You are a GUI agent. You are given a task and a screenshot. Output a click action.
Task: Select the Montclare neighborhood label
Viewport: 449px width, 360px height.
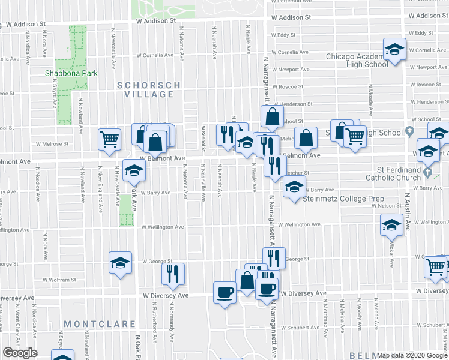click(x=100, y=324)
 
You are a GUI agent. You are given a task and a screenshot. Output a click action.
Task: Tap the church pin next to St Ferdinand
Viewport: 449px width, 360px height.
click(x=427, y=172)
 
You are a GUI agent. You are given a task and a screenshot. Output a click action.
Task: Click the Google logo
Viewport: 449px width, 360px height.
click(x=20, y=353)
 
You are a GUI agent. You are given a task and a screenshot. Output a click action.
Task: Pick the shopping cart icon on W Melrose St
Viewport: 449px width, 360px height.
click(x=110, y=140)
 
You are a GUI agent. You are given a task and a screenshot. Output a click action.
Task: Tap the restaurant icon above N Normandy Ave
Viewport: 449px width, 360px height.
click(x=173, y=274)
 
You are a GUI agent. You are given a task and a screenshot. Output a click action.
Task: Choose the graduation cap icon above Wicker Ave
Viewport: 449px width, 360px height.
click(x=391, y=226)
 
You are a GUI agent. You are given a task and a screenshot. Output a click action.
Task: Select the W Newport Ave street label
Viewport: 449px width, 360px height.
click(x=294, y=70)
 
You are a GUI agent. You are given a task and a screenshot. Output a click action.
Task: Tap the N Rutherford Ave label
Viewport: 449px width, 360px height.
click(x=154, y=323)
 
